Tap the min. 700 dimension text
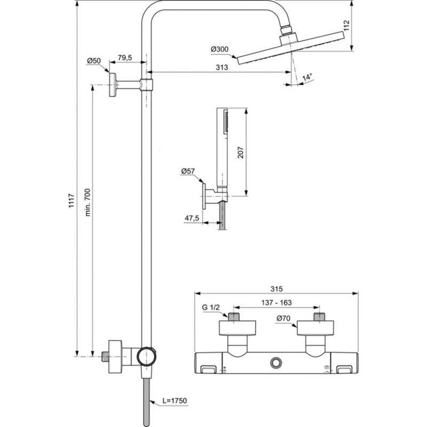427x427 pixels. pos(88,202)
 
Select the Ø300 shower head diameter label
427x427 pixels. pos(219,50)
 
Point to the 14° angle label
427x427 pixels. pos(306,77)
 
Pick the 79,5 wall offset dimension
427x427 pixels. pos(125,57)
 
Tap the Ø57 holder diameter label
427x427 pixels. pos(188,171)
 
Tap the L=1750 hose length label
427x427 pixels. pos(172,400)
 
